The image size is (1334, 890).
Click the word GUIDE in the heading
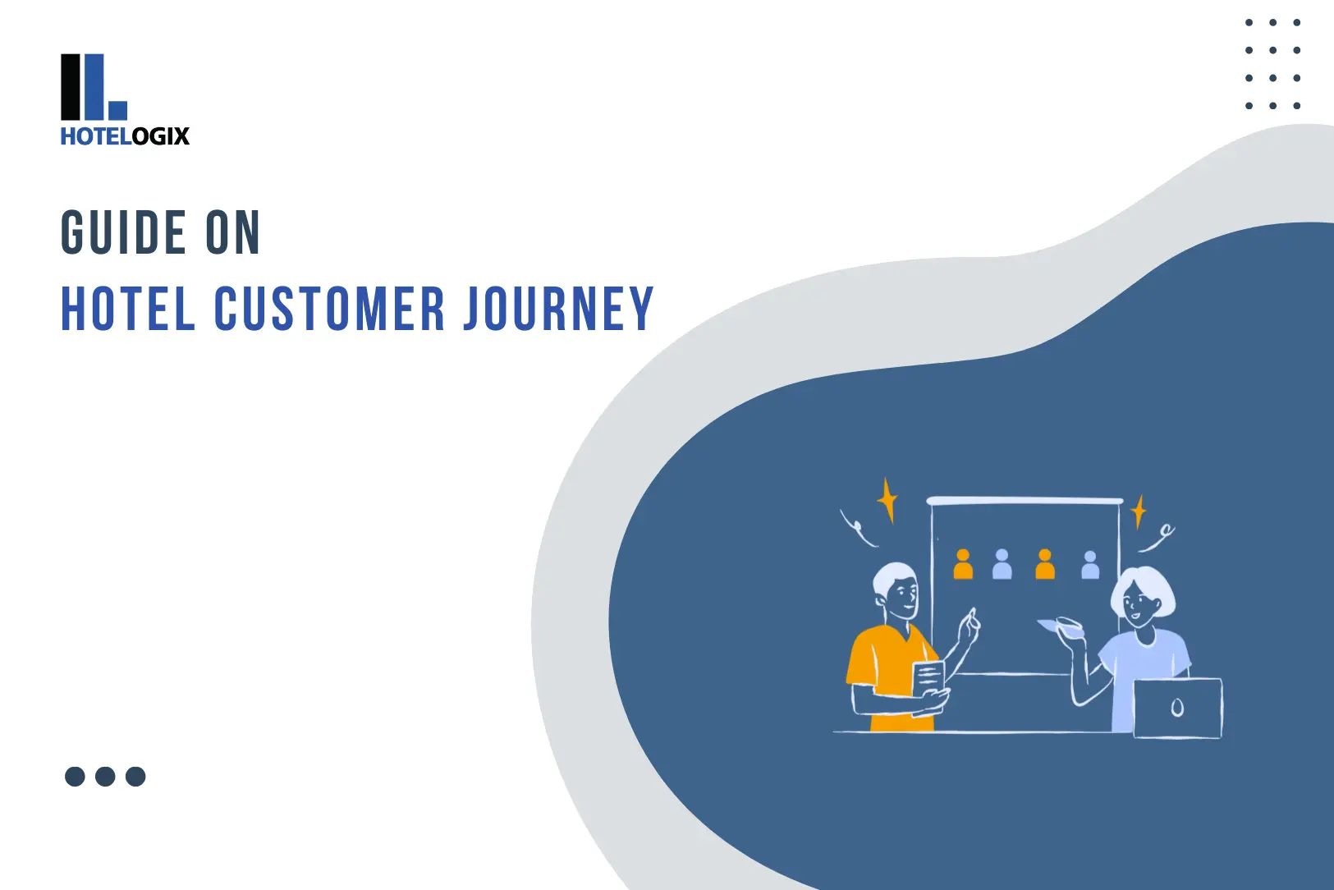tap(123, 232)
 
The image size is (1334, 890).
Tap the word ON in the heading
tap(233, 232)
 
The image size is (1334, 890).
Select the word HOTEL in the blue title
tap(128, 310)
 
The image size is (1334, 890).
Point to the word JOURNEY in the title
tap(558, 310)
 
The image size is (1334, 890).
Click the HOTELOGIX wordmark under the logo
tap(125, 136)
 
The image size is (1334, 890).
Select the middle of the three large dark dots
tap(105, 777)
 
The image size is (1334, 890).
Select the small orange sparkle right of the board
tap(1138, 512)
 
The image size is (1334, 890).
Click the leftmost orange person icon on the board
tap(963, 565)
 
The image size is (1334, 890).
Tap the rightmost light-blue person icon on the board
tap(1090, 566)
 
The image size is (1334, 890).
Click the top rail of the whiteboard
tap(1025, 500)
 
